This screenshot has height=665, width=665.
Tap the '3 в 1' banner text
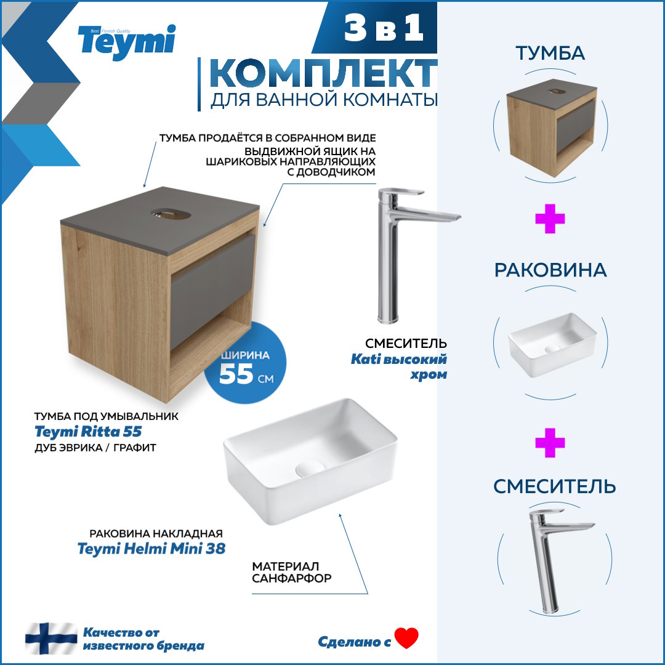[x=384, y=28]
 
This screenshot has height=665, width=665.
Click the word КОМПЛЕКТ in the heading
[x=323, y=73]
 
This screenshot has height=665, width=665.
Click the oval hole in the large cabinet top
[x=171, y=214]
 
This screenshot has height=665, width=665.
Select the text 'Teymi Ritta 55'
[x=88, y=431]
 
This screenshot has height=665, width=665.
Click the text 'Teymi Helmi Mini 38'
[x=151, y=549]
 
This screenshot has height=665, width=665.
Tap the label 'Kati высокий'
[x=398, y=359]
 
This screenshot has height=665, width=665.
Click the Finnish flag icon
[x=51, y=638]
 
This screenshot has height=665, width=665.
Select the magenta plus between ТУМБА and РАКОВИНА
[x=550, y=219]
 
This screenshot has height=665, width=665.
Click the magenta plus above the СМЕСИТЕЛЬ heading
[x=550, y=443]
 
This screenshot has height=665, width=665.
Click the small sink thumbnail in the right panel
[x=552, y=344]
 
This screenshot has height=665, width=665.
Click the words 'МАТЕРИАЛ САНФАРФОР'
[x=292, y=572]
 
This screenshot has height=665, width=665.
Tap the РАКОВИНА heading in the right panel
[x=550, y=270]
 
